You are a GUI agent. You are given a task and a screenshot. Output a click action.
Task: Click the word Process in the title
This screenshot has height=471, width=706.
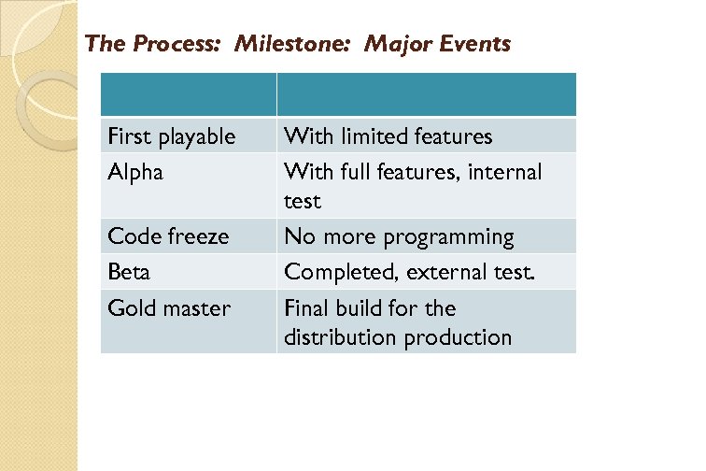pyautogui.click(x=174, y=43)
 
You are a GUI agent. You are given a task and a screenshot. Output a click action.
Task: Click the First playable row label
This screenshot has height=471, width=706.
pyautogui.click(x=172, y=136)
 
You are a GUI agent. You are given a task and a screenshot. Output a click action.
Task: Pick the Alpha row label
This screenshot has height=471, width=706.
pyautogui.click(x=135, y=173)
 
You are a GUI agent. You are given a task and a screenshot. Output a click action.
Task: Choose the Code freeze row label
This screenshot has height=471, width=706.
pyautogui.click(x=168, y=236)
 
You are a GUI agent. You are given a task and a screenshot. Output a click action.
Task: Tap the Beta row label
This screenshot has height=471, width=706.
pyautogui.click(x=129, y=272)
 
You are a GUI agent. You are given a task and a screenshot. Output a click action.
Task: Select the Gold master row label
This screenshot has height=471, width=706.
pyautogui.click(x=169, y=308)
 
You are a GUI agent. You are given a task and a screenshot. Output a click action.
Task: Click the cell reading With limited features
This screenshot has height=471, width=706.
pyautogui.click(x=388, y=136)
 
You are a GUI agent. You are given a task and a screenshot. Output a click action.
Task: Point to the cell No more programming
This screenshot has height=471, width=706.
pyautogui.click(x=399, y=236)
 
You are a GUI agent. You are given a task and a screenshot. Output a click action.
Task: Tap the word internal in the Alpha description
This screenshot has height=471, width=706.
pyautogui.click(x=505, y=173)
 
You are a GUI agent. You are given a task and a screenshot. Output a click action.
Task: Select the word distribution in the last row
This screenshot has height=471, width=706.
pyautogui.click(x=341, y=337)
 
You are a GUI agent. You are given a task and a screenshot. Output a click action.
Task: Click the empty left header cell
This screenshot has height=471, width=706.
pyautogui.click(x=188, y=94)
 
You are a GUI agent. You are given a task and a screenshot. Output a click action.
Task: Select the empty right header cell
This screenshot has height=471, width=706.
pyautogui.click(x=426, y=94)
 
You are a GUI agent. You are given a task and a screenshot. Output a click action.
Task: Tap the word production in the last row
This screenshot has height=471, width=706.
pyautogui.click(x=458, y=337)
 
